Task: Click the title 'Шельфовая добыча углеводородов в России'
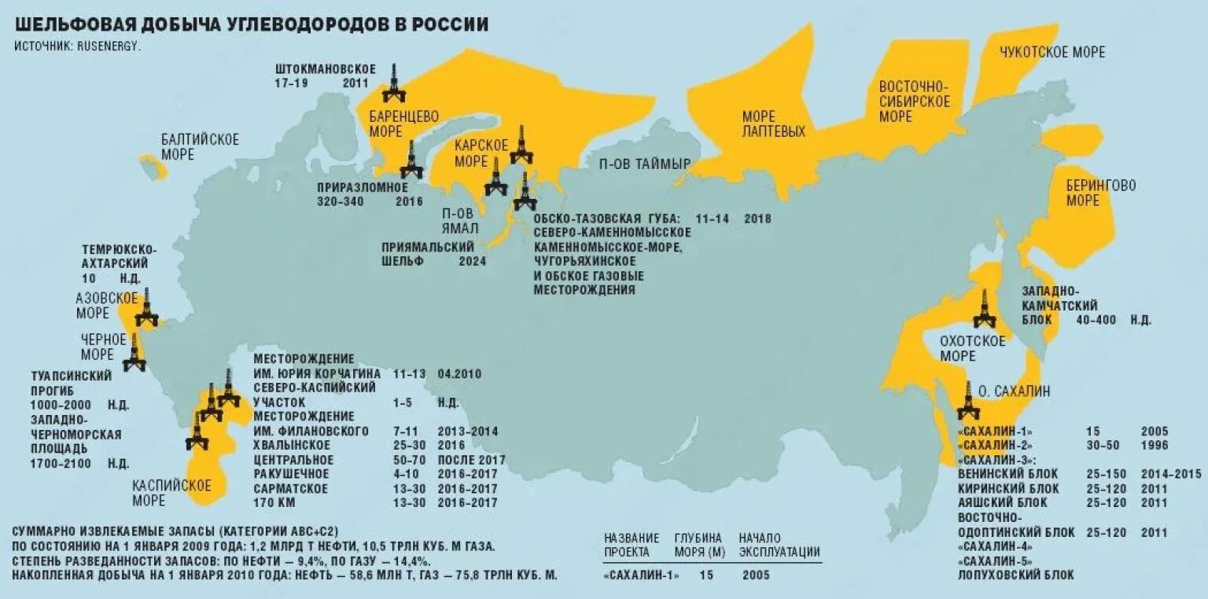click(251, 24)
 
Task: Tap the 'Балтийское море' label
click(200, 147)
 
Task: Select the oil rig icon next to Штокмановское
click(394, 83)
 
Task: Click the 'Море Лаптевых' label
click(774, 124)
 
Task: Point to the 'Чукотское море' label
click(1051, 53)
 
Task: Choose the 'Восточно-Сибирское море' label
click(914, 101)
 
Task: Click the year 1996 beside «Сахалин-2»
click(1155, 446)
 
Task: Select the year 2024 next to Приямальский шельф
click(474, 261)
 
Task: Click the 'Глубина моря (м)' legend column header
click(698, 545)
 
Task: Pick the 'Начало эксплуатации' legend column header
click(779, 545)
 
